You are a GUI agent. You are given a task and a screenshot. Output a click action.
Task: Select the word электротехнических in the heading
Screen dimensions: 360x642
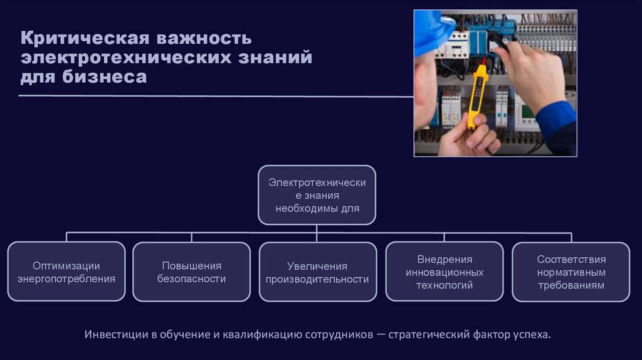[x=124, y=58]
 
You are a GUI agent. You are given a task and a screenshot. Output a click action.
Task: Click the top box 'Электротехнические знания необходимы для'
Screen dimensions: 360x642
[x=317, y=195]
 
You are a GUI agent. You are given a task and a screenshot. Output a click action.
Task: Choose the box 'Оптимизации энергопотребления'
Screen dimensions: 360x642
[x=66, y=272]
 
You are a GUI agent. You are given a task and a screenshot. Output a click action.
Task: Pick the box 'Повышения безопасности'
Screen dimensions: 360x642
[x=191, y=272]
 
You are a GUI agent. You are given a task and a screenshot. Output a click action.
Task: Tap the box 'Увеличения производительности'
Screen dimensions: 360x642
[x=317, y=272]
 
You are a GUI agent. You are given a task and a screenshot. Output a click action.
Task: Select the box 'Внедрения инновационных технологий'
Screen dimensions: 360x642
[x=444, y=272]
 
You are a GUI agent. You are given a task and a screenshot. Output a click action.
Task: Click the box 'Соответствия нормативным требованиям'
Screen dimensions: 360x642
[x=571, y=272]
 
